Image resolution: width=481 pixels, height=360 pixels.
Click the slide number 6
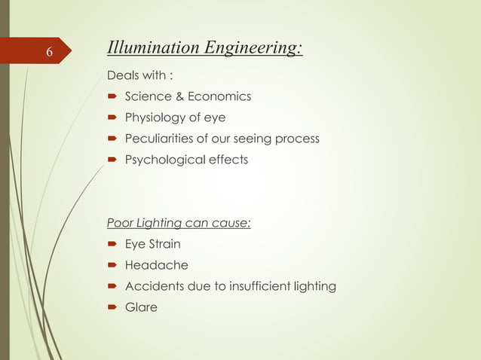[48, 52]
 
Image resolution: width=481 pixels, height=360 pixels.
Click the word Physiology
[158, 117]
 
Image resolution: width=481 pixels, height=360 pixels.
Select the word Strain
[164, 244]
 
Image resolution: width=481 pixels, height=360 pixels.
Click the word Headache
[156, 265]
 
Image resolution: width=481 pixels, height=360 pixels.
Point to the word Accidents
[155, 286]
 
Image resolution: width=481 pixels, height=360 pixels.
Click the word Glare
[141, 307]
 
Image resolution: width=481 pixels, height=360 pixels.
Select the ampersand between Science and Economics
[179, 96]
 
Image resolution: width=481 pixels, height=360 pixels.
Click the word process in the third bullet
[297, 139]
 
